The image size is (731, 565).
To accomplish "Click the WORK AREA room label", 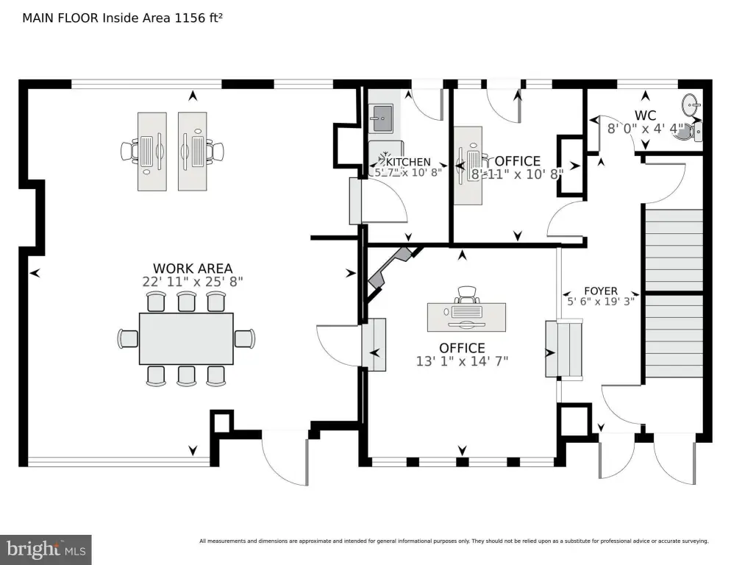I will [193, 269].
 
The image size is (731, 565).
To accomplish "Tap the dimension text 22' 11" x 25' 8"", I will [193, 281].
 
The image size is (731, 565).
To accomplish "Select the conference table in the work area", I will [186, 338].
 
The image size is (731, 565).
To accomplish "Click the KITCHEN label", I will [408, 162].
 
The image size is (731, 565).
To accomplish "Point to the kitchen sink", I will [381, 116].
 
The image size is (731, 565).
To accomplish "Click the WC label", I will [645, 116].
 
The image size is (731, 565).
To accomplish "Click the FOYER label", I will [601, 291].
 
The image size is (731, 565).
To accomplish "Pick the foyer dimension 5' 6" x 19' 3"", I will [601, 301].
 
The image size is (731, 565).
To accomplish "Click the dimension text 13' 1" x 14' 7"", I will [462, 360].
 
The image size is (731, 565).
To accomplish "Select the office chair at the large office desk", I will [466, 294].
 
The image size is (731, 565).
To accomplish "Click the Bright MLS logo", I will [46, 549].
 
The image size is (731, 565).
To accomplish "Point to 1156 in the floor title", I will [188, 18].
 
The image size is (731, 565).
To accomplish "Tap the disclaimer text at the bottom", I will [454, 541].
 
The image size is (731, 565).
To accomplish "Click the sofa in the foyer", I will [563, 349].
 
